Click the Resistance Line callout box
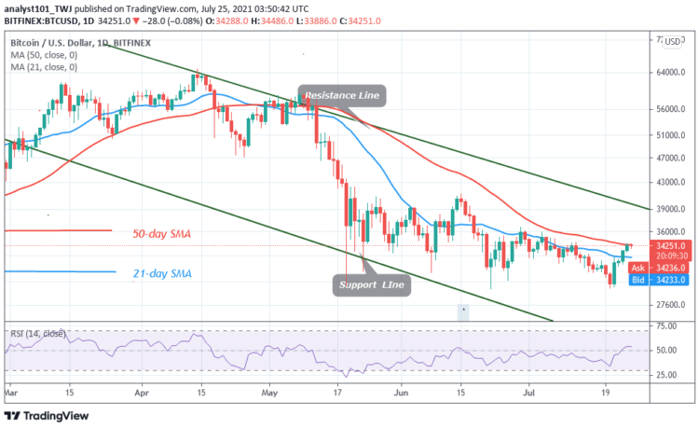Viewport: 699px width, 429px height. coord(342,94)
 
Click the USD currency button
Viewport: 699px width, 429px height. coord(670,42)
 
